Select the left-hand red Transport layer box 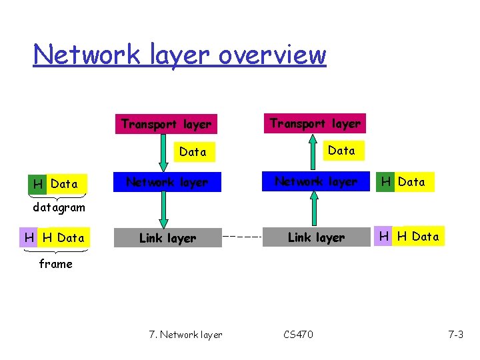166,124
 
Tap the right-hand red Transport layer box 315,123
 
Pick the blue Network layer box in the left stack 167,182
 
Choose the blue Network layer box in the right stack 316,181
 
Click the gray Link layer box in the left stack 167,238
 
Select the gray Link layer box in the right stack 316,237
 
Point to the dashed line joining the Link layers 242,237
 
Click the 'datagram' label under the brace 59,207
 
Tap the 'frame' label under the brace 55,263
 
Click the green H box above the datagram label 39,184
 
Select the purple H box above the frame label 29,238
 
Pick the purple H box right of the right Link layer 385,237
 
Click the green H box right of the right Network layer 385,182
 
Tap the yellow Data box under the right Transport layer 341,151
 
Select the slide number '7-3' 455,335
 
